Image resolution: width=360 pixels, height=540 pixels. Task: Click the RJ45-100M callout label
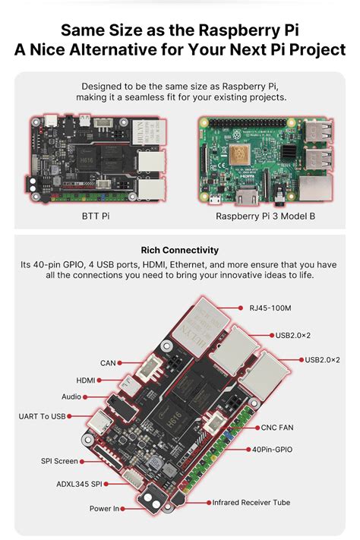pyautogui.click(x=270, y=308)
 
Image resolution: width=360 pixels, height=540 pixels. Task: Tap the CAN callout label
pyautogui.click(x=108, y=363)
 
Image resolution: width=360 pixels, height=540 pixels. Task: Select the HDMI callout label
pyautogui.click(x=86, y=380)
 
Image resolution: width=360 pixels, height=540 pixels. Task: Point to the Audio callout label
pyautogui.click(x=71, y=396)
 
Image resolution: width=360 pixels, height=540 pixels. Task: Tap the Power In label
pyautogui.click(x=105, y=508)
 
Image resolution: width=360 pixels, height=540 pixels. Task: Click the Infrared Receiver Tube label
pyautogui.click(x=251, y=502)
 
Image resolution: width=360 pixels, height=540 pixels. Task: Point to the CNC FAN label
pyautogui.click(x=277, y=427)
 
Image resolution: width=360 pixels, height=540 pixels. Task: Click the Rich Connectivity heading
pyautogui.click(x=180, y=249)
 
